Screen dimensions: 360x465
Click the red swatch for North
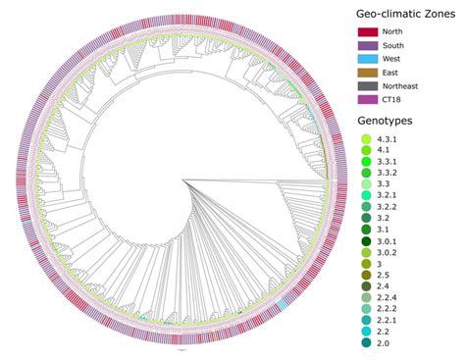tap(370, 33)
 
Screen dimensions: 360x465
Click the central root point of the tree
tap(180, 180)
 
